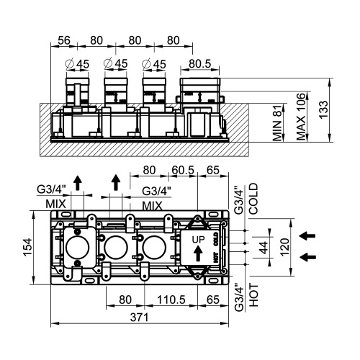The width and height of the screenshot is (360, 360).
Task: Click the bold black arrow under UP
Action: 198,253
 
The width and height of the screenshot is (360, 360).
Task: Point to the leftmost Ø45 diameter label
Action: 77,64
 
